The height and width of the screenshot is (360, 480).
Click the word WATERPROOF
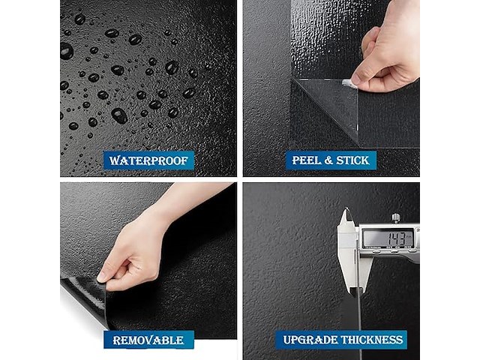click(148, 160)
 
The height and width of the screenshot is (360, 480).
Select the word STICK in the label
click(352, 160)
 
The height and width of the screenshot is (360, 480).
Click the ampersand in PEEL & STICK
click(328, 160)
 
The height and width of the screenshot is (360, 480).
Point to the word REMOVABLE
click(148, 340)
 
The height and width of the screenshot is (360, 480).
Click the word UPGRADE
click(310, 340)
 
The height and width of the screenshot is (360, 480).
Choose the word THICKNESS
click(372, 340)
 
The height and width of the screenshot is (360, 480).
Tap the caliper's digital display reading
click(388, 238)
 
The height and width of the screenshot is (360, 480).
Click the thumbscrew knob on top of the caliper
click(396, 218)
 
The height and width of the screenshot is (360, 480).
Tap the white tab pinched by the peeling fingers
click(348, 83)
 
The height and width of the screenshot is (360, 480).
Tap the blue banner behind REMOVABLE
click(148, 340)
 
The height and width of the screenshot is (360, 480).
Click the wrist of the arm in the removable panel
click(166, 211)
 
